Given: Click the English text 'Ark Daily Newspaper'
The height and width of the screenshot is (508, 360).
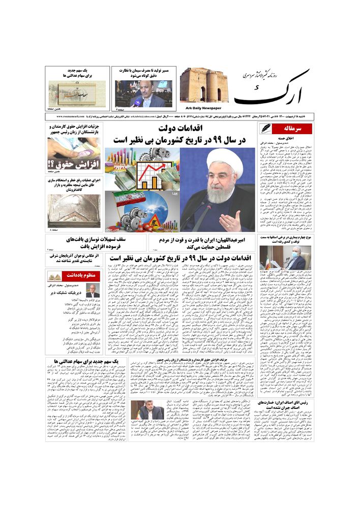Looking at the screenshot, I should point(201,108).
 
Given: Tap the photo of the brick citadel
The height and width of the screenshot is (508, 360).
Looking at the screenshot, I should point(201,85).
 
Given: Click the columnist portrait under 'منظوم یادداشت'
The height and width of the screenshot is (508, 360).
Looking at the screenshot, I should point(93,291).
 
